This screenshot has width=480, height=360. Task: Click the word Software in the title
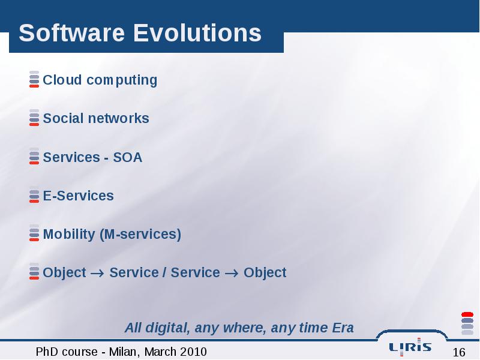tap(71, 33)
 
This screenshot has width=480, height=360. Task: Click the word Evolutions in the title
tap(197, 33)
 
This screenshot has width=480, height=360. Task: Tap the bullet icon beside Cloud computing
tap(34, 79)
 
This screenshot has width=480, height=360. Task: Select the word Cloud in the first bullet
tap(62, 80)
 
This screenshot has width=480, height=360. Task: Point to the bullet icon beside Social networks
tap(34, 118)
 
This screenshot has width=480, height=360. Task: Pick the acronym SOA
tap(128, 157)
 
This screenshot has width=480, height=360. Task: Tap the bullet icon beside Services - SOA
tap(34, 156)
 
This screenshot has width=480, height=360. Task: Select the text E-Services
tap(79, 196)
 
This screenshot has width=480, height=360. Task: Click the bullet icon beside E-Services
tap(34, 194)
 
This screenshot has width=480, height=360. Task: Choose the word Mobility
tap(69, 235)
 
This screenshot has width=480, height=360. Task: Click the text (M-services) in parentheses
tap(140, 235)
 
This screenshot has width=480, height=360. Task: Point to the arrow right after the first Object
tap(97, 273)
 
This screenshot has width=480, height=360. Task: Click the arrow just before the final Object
tap(232, 273)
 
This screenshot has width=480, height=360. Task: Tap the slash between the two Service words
tap(164, 272)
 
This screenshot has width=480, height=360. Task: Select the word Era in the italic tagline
tap(343, 328)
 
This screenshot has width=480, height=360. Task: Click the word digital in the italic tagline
tap(167, 328)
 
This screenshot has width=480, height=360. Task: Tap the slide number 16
tap(459, 352)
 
